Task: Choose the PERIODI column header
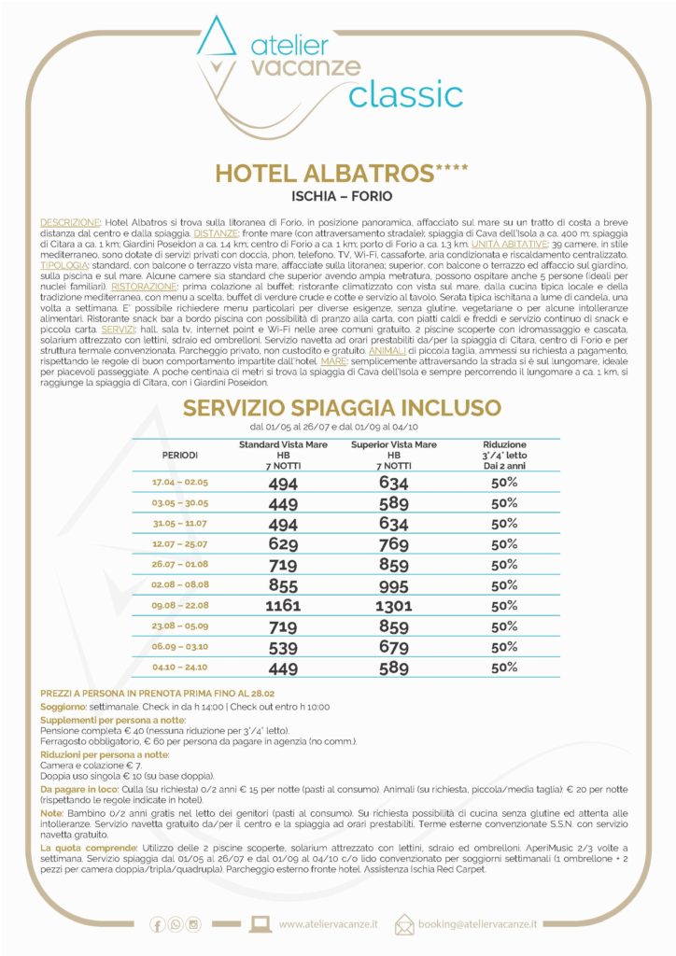[x=180, y=455]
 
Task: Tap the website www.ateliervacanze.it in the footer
[x=328, y=924]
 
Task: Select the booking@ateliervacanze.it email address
[x=477, y=924]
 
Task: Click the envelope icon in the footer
[x=404, y=924]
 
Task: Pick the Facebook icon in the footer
[x=157, y=925]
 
